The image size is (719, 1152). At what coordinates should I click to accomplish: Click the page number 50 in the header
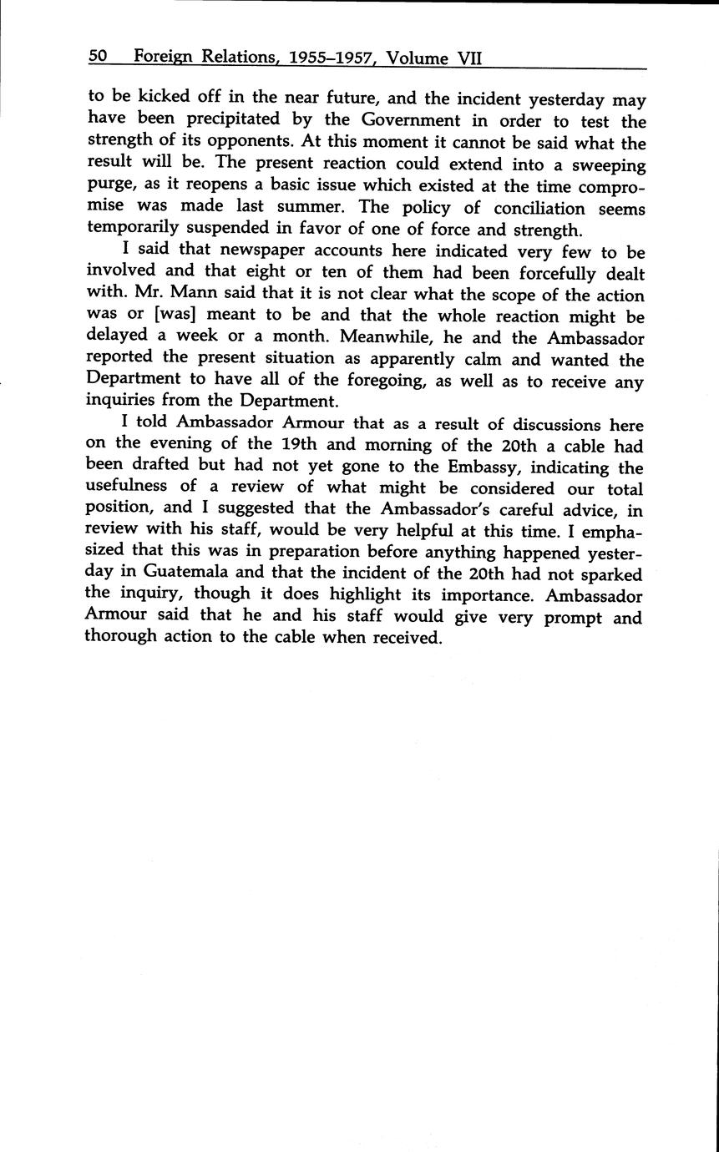tap(98, 57)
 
